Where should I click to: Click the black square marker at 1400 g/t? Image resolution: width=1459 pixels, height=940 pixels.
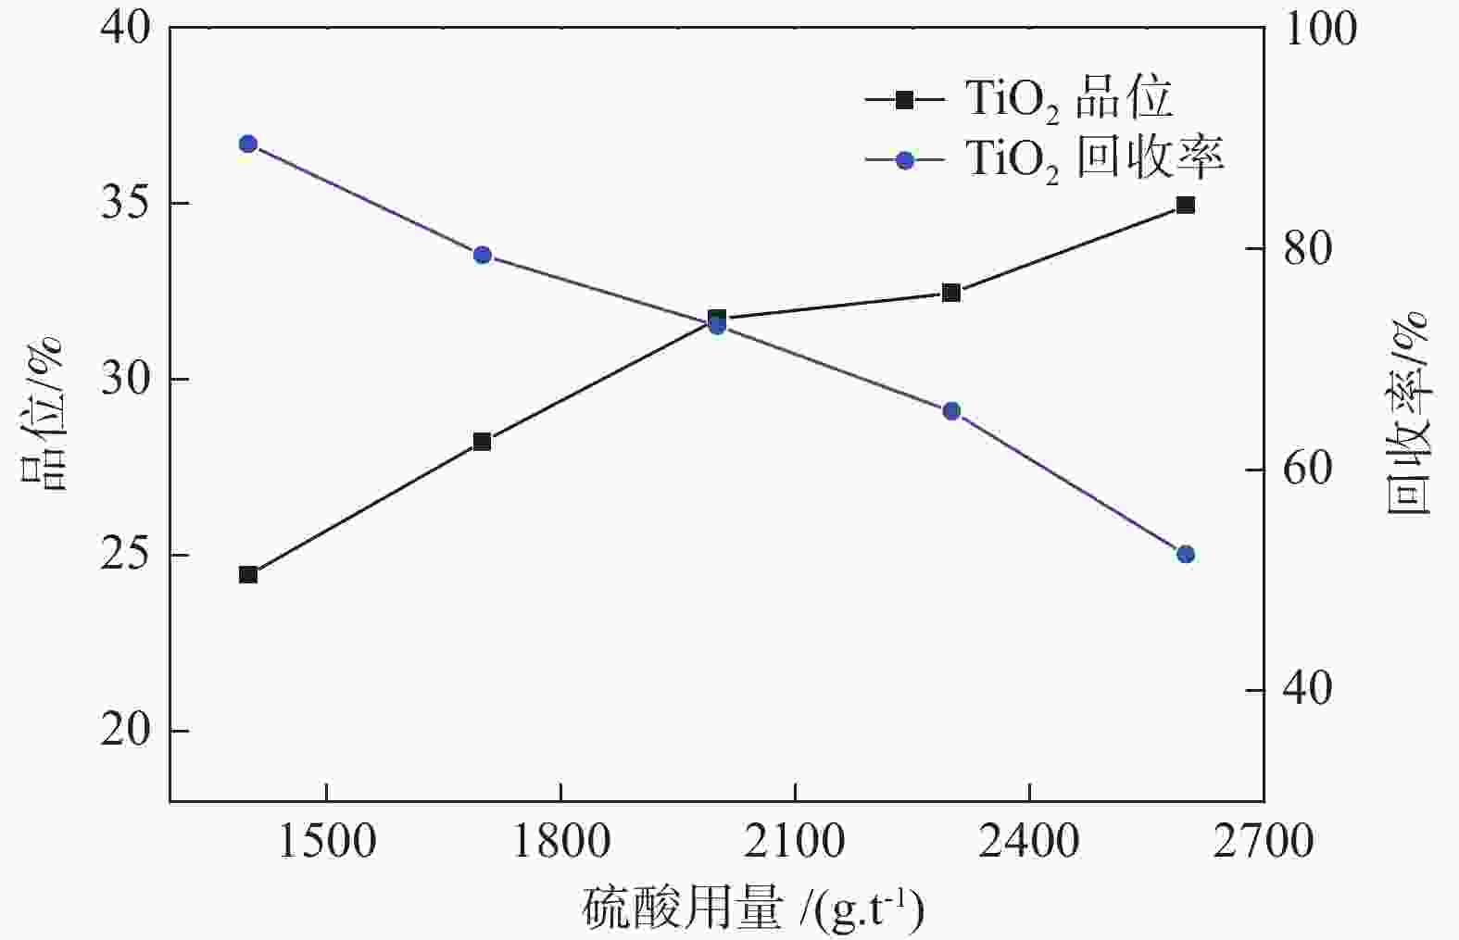pyautogui.click(x=247, y=574)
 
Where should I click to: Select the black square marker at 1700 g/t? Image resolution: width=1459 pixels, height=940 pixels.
pyautogui.click(x=482, y=441)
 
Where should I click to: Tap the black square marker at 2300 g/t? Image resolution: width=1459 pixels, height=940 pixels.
pyautogui.click(x=950, y=293)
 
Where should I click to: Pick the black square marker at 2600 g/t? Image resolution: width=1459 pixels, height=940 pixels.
pyautogui.click(x=1185, y=205)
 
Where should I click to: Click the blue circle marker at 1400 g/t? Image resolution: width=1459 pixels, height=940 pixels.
pyautogui.click(x=247, y=144)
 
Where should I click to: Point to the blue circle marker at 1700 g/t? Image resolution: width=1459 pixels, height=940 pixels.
pyautogui.click(x=482, y=255)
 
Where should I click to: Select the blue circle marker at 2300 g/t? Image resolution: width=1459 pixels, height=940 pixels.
pyautogui.click(x=950, y=411)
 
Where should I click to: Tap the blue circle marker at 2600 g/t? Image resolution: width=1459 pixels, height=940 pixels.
pyautogui.click(x=1185, y=554)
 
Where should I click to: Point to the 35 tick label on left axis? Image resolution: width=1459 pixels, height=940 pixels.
pyautogui.click(x=125, y=204)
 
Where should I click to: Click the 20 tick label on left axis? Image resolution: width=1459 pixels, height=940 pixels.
pyautogui.click(x=125, y=731)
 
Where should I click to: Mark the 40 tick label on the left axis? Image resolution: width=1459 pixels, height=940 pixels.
pyautogui.click(x=125, y=28)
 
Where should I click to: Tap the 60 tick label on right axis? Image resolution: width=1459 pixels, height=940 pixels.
pyautogui.click(x=1307, y=470)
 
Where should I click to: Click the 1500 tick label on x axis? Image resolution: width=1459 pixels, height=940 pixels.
pyautogui.click(x=327, y=841)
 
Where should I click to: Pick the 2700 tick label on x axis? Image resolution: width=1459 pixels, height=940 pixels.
pyautogui.click(x=1264, y=841)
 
